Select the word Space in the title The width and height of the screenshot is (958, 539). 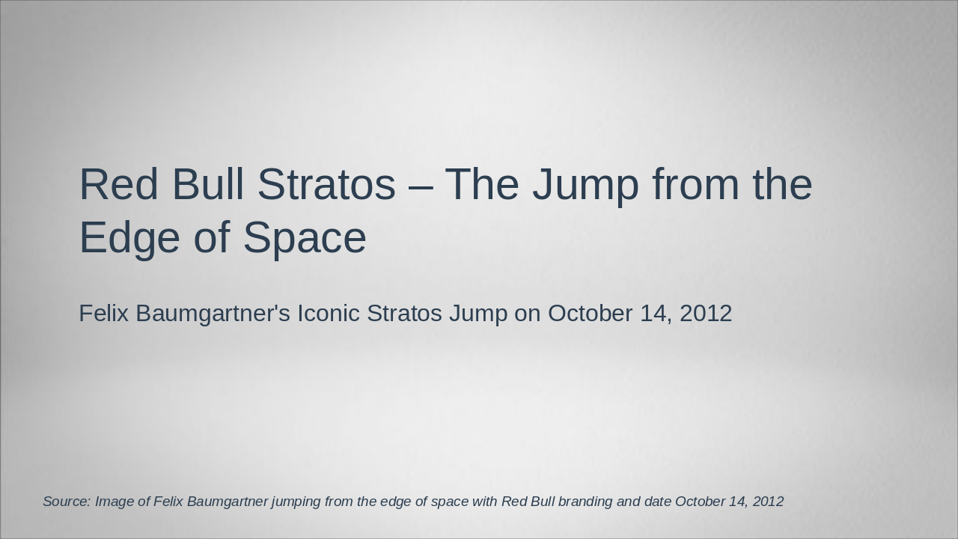pyautogui.click(x=305, y=239)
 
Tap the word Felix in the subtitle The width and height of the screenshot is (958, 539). pyautogui.click(x=104, y=313)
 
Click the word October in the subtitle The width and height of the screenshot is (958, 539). pyautogui.click(x=591, y=313)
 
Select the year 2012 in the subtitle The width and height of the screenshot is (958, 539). pyautogui.click(x=706, y=313)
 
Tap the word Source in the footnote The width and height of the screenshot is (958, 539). pyautogui.click(x=66, y=502)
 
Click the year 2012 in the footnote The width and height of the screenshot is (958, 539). pyautogui.click(x=769, y=502)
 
